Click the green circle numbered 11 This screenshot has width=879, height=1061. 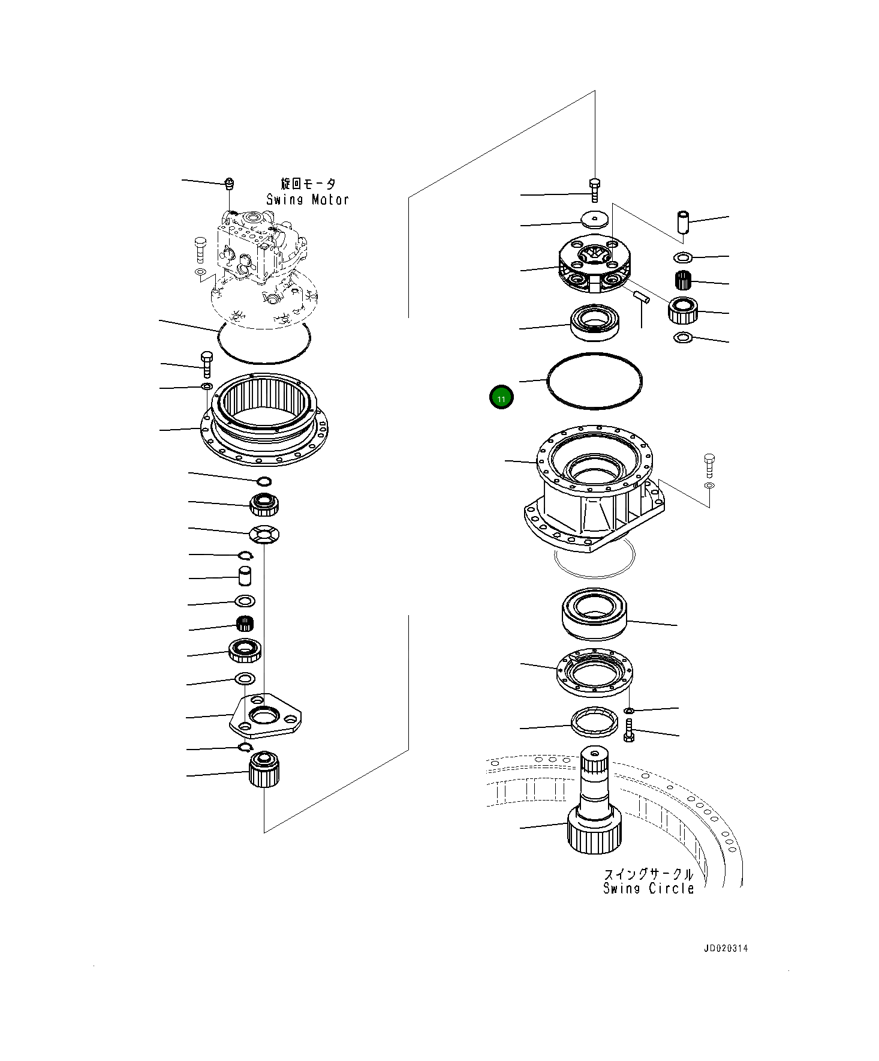click(x=501, y=398)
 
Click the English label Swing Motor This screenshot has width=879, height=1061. click(x=308, y=200)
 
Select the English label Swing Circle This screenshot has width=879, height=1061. click(x=648, y=889)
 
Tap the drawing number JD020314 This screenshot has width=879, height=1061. click(x=726, y=949)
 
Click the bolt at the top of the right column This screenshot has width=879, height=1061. click(x=594, y=190)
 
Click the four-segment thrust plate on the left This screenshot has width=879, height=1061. click(x=264, y=534)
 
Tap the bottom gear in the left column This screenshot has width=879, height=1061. click(x=264, y=770)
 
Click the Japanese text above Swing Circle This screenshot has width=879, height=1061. click(x=648, y=874)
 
